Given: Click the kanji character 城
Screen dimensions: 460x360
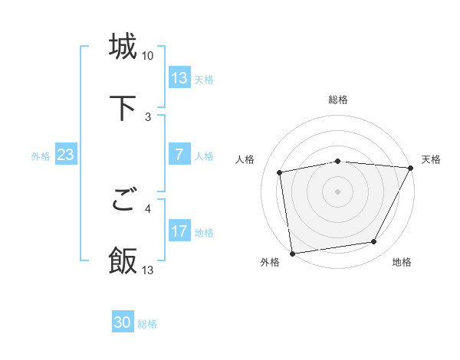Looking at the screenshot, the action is click(x=123, y=47).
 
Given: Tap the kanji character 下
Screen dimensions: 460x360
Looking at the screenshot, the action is click(x=123, y=107).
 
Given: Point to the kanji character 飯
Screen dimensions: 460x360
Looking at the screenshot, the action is click(x=123, y=260).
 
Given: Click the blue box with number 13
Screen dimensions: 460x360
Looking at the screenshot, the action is click(x=179, y=78).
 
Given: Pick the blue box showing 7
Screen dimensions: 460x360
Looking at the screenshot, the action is click(x=179, y=155).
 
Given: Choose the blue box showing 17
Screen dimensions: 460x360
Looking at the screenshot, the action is click(x=179, y=232).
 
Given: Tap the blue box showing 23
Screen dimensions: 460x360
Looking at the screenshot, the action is click(x=65, y=155).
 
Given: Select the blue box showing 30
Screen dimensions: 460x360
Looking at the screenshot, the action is click(x=123, y=323).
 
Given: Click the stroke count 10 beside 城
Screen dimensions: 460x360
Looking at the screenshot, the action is click(x=148, y=56).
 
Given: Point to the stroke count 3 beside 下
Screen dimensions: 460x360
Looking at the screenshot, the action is click(x=148, y=116).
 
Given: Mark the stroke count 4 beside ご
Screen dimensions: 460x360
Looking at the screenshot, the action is click(x=148, y=208).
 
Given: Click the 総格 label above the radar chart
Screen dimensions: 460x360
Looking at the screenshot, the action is click(x=338, y=100).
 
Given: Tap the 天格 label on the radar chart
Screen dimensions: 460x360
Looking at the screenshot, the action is click(x=431, y=159).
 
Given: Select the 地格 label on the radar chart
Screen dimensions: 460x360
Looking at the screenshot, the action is click(x=402, y=262).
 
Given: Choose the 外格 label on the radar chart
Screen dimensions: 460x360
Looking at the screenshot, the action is click(x=270, y=262).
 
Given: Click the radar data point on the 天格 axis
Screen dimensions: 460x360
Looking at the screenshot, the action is click(x=411, y=168).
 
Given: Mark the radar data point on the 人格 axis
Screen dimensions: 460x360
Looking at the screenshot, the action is click(x=280, y=172).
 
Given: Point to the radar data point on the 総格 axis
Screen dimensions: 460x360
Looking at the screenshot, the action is click(x=338, y=161).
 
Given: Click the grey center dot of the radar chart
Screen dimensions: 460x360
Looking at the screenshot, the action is click(x=338, y=191).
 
